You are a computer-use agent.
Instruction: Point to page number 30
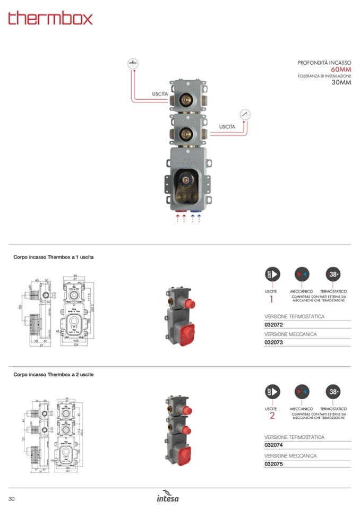11,498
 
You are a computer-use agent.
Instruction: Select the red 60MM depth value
341,70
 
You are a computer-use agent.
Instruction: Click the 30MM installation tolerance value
341,83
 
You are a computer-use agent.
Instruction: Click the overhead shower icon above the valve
133,64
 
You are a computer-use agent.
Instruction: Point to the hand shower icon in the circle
245,115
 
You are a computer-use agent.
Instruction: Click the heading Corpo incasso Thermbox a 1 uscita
54,257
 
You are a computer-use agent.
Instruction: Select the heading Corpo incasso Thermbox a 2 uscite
54,375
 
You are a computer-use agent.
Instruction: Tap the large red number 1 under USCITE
271,299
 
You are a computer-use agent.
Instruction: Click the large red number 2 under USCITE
272,416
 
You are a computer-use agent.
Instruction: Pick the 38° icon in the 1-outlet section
333,274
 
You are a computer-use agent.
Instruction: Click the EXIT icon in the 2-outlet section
272,392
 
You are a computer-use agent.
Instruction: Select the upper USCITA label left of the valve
160,94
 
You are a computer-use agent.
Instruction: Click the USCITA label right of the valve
227,127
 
